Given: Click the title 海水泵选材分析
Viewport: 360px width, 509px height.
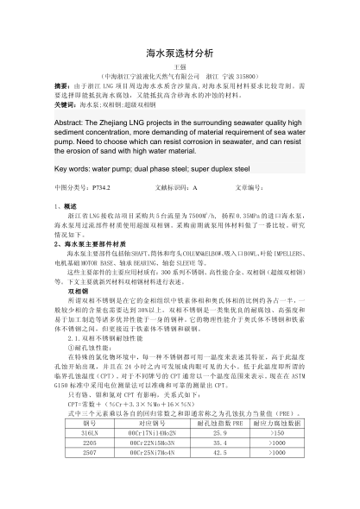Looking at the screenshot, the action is [x=180, y=53].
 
